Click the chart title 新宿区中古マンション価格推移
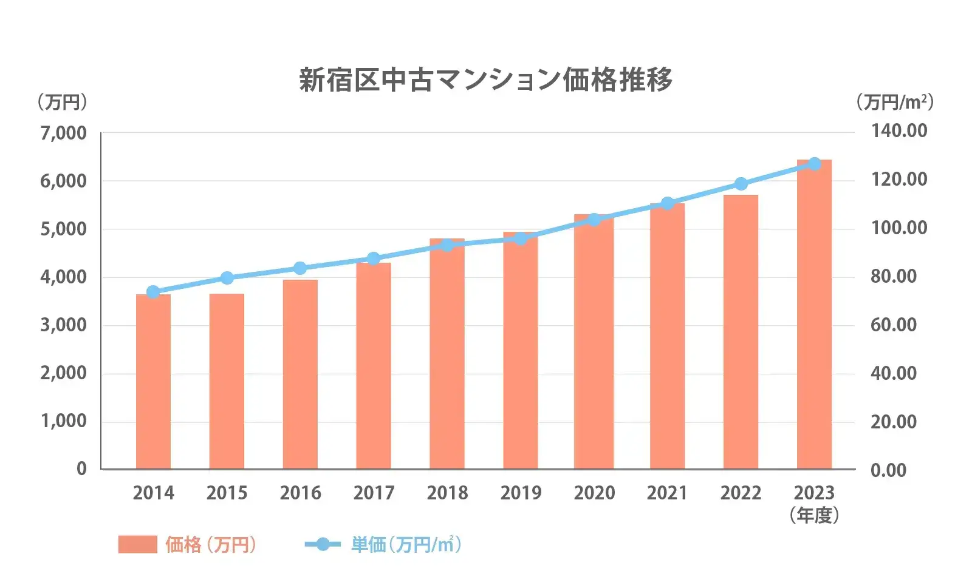click(485, 80)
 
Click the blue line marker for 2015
click(227, 278)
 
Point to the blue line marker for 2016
click(300, 268)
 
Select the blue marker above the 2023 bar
click(814, 164)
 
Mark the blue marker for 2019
click(521, 238)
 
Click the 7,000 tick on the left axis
click(63, 133)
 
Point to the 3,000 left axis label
click(63, 325)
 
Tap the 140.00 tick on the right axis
click(899, 131)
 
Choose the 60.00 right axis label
click(893, 325)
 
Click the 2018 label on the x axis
click(447, 493)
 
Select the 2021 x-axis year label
click(667, 493)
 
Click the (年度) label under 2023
click(814, 516)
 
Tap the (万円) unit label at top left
click(62, 102)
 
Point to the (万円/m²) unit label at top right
click(895, 102)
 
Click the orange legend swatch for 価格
click(137, 544)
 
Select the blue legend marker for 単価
click(323, 544)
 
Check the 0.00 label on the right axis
click(888, 470)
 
